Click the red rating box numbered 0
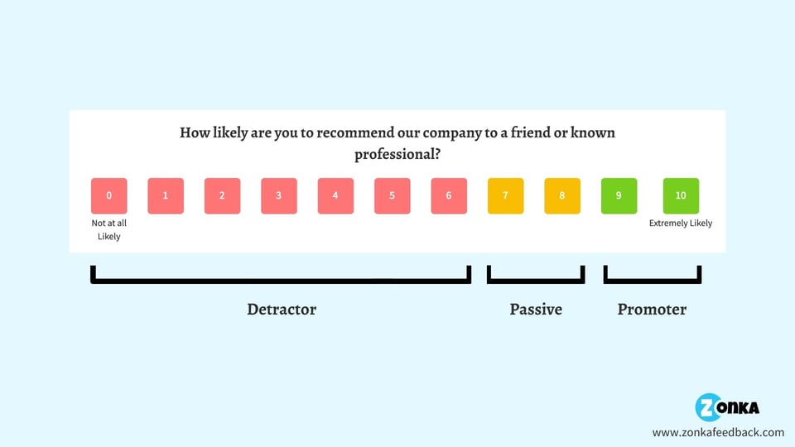[109, 196]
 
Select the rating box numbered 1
[166, 196]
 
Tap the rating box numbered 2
[222, 196]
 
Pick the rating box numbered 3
[279, 196]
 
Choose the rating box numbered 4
[335, 196]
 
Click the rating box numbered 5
[392, 196]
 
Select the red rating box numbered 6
[449, 196]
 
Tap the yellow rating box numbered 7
[505, 196]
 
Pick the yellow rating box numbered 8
[562, 196]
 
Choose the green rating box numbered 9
[619, 196]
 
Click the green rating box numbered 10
[681, 196]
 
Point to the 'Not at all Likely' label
[108, 229]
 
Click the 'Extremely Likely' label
[681, 223]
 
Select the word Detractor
[282, 310]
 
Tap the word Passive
[536, 310]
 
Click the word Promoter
[652, 310]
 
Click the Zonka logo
[727, 407]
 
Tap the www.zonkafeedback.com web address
[718, 432]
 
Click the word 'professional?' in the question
[397, 155]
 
